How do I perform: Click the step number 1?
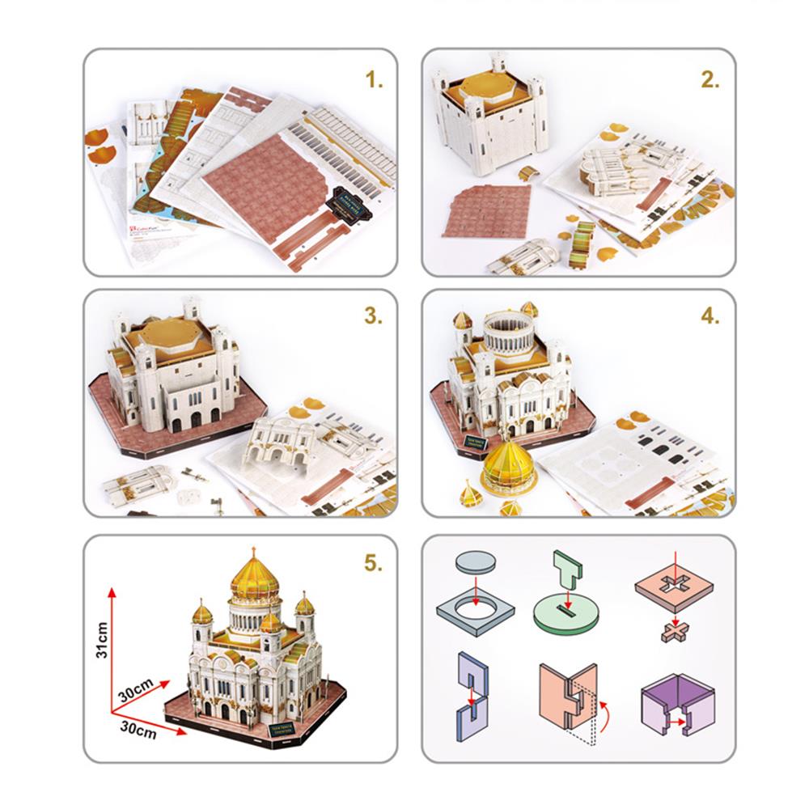[x=374, y=81]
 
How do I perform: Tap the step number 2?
[x=710, y=81]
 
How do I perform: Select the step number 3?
[x=373, y=316]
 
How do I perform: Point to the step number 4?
[x=710, y=316]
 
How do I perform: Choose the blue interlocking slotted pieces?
[x=470, y=692]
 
